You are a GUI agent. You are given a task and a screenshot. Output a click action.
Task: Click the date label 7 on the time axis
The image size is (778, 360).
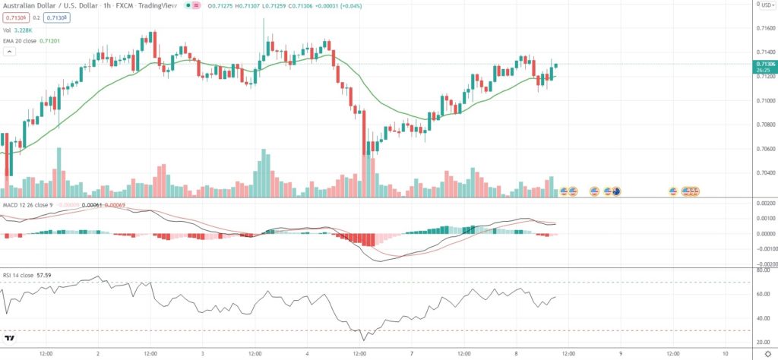[x=411, y=353]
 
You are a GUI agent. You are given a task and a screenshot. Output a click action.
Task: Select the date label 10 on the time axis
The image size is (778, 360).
[x=726, y=353]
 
